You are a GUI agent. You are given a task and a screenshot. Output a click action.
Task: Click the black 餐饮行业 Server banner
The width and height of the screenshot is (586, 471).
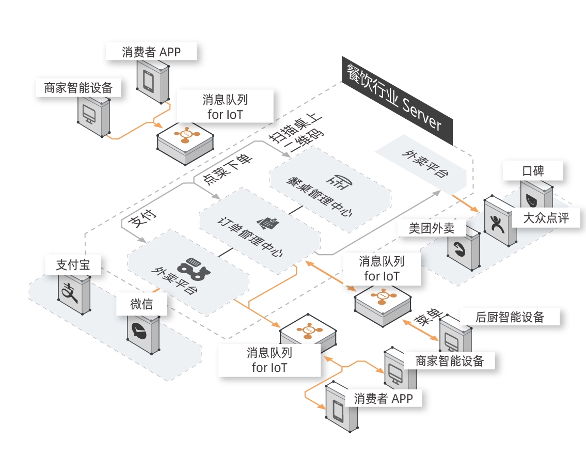coord(397,101)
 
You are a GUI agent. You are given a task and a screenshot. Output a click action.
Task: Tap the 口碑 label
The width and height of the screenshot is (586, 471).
coord(533,171)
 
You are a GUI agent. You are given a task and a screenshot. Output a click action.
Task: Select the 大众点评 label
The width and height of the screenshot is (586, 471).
coord(546,217)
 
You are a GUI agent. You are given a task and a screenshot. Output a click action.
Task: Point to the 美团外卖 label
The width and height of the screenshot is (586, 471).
coord(432,228)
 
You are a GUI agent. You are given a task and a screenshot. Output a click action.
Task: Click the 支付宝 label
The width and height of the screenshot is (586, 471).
coord(73,264)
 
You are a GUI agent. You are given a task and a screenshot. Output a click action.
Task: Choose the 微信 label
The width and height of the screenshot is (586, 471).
coord(141,304)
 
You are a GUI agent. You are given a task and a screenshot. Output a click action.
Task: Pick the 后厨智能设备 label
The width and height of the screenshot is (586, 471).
coord(510,317)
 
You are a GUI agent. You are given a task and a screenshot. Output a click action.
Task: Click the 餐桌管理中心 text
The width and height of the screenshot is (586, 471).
coord(319,197)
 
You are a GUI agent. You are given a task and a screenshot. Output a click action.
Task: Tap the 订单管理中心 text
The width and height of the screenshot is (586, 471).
coord(250,237)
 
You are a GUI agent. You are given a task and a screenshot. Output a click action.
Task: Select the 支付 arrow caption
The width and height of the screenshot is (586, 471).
coord(142,218)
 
